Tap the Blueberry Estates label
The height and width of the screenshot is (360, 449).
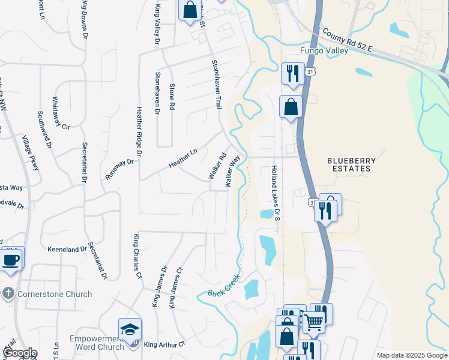coord(351,164)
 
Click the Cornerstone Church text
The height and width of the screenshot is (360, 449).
coord(55,294)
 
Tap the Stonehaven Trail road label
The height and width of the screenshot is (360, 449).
coord(215,84)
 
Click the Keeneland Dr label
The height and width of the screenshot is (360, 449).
coord(67,249)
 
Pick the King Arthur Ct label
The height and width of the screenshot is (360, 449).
coord(165,344)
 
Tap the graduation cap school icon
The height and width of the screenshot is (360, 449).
coord(130,329)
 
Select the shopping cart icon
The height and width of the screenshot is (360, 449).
coord(313,322)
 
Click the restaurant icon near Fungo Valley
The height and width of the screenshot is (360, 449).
coord(292,73)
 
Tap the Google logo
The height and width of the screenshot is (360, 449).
coord(20,353)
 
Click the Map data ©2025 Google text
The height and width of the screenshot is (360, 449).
coord(411,355)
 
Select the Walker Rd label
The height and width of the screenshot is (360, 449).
coord(217,166)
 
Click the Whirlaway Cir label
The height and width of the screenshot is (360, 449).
coord(61,113)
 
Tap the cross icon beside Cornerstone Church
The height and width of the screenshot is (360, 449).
coord(8,294)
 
